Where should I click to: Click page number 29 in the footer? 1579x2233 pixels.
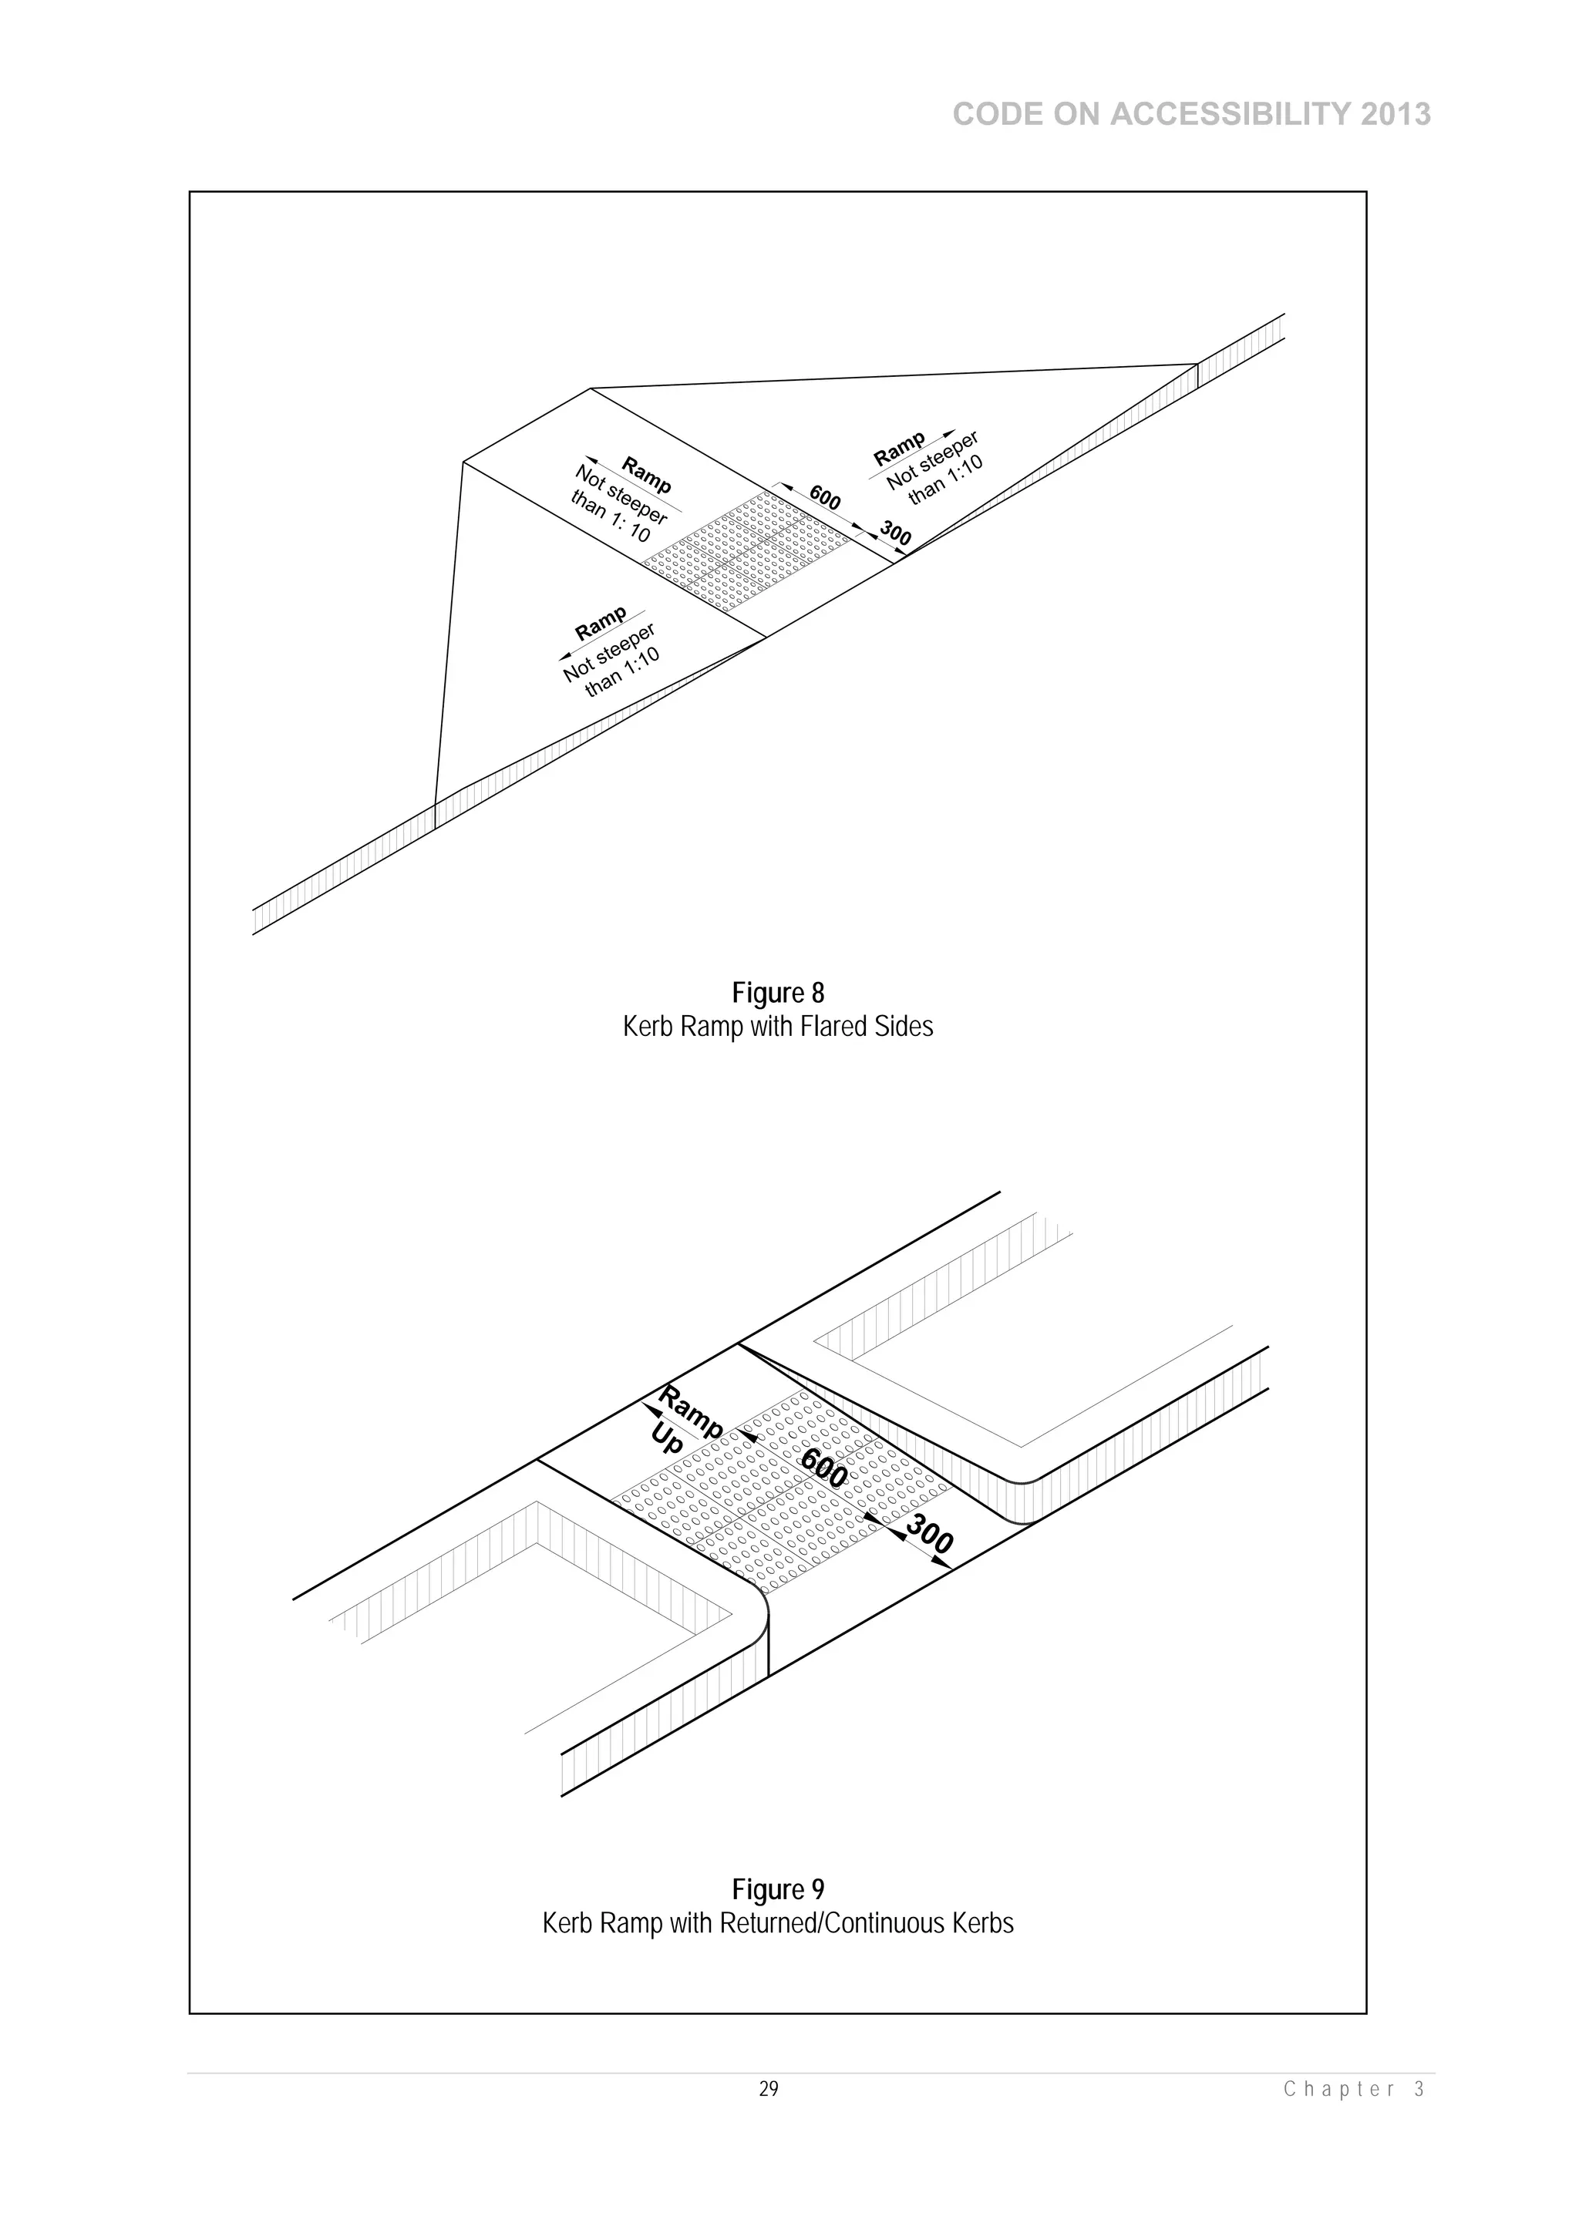click(x=769, y=2089)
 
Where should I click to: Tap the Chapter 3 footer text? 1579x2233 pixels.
click(x=1353, y=2089)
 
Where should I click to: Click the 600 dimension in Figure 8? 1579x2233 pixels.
click(x=825, y=499)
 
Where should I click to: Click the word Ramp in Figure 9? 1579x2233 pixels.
click(x=691, y=1412)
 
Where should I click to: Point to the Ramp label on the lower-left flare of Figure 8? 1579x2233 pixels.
click(x=601, y=624)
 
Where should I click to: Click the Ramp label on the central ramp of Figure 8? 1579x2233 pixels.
click(x=646, y=475)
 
